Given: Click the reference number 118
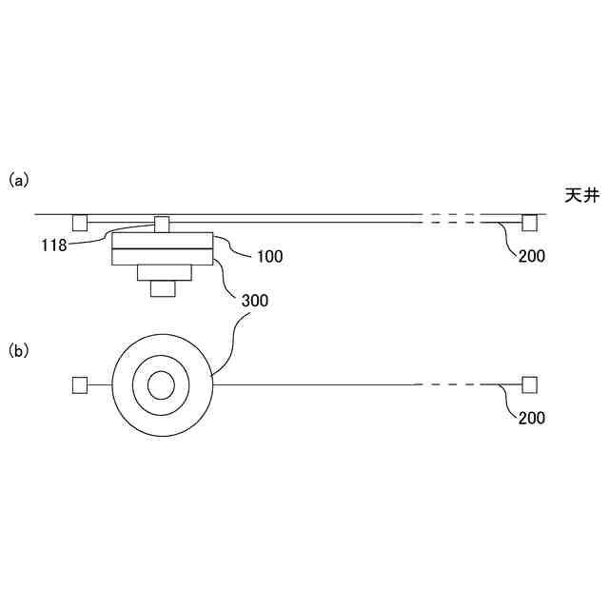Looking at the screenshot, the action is coord(54,246).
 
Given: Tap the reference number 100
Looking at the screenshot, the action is coord(270,256).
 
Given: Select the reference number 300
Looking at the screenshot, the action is coord(255,301).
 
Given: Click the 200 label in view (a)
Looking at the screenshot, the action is coord(532,256).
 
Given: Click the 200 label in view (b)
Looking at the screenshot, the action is coord(532,418).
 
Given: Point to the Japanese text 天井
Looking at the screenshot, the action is coord(581,195).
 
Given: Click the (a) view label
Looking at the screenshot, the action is coord(19,181).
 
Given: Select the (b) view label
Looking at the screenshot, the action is coord(19,351).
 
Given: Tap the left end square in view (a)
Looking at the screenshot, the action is coord(80,223).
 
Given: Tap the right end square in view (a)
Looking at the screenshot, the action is coord(529,223).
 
